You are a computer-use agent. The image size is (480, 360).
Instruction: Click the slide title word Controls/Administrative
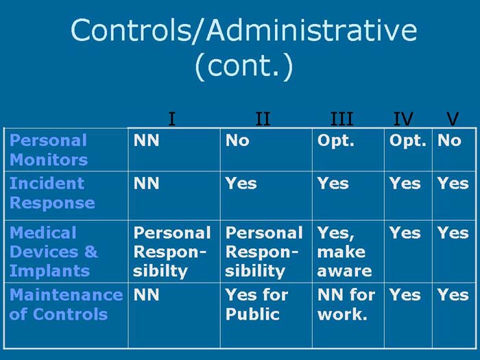coord(243,30)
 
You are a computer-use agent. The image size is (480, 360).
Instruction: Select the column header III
coord(341,119)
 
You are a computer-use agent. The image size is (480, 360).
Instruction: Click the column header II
coord(263,119)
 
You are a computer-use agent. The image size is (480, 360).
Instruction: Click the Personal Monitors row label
coord(49,150)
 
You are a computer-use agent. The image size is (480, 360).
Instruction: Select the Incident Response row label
coord(52,193)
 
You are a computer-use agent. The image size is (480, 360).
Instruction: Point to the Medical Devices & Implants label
coord(54,252)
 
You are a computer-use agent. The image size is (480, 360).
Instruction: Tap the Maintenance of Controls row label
coord(66,304)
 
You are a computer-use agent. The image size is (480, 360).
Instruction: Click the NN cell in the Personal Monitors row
coord(146,141)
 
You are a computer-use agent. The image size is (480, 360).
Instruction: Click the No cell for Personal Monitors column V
coord(450,141)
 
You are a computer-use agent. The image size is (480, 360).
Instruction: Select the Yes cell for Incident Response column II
coord(241,183)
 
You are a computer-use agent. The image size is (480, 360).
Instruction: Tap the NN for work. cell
coord(346,304)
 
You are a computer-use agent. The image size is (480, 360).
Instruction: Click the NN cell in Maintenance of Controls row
coord(146,295)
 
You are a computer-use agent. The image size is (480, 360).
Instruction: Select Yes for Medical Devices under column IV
coord(405,232)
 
